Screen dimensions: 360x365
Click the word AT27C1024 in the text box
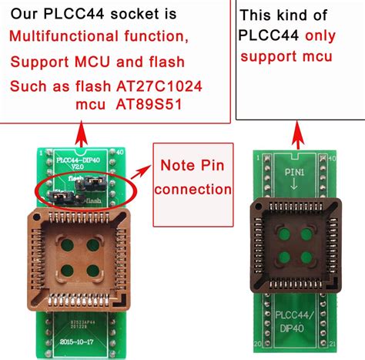click(x=165, y=87)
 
